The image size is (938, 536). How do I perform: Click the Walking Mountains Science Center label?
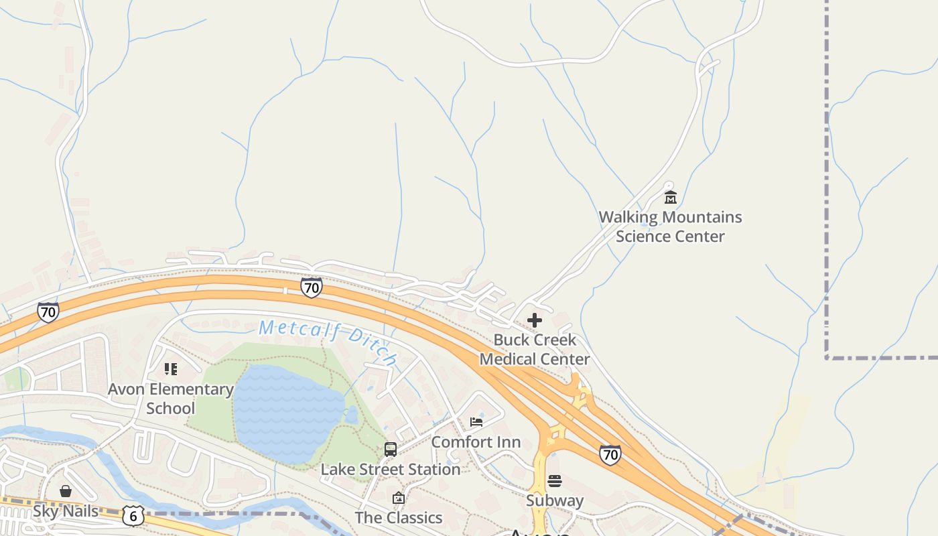tap(670, 226)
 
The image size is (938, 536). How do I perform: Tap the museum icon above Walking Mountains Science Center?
tap(670, 197)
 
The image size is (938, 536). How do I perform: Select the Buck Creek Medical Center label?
tap(535, 349)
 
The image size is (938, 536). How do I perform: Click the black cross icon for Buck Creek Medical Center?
tap(535, 320)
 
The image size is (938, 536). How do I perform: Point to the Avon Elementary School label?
tap(171, 399)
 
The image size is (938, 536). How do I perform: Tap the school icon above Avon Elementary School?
tap(171, 369)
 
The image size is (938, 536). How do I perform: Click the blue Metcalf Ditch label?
tap(328, 340)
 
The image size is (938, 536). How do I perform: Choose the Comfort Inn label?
tap(476, 442)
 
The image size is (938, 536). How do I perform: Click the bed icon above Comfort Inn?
tap(476, 422)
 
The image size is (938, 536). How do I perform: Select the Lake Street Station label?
tap(390, 469)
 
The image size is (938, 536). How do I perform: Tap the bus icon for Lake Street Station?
tap(390, 450)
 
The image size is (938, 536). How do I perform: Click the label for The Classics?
tap(399, 517)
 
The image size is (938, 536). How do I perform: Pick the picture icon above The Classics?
tap(399, 498)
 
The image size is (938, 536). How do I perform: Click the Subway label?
tap(554, 500)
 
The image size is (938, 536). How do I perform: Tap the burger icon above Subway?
tap(554, 481)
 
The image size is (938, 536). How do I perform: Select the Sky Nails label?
tap(66, 511)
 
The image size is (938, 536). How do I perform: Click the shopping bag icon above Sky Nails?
tap(66, 492)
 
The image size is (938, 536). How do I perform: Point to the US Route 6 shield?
tap(133, 516)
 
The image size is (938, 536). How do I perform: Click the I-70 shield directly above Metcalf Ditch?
tap(312, 288)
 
